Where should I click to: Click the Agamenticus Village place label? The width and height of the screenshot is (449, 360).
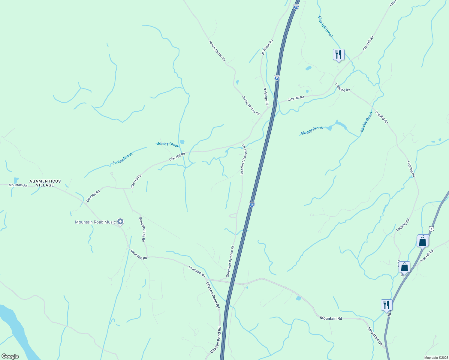(45, 183)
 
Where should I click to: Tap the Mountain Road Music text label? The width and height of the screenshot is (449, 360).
(95, 222)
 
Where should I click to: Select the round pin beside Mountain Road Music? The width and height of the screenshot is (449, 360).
(120, 222)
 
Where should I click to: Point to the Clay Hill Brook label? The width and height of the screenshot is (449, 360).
(325, 27)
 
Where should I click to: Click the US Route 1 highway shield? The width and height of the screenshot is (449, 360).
(431, 229)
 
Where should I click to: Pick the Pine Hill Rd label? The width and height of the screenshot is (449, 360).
(426, 256)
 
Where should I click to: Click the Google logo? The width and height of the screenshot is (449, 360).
(10, 356)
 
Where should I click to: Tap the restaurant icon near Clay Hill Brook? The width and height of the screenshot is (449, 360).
(339, 55)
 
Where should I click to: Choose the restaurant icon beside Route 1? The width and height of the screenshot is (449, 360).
(387, 305)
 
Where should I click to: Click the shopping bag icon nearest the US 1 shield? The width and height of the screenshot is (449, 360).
(422, 241)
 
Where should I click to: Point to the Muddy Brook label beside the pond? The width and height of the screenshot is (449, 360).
(312, 130)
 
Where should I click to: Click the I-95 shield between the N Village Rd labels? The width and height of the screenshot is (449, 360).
(277, 78)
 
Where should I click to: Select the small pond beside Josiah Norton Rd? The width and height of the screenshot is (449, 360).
(237, 82)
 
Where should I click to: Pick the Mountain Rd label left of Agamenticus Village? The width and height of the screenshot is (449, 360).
(18, 185)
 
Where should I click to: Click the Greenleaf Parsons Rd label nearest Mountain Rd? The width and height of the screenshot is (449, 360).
(230, 261)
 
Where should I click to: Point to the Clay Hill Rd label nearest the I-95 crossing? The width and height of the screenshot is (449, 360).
(296, 98)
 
